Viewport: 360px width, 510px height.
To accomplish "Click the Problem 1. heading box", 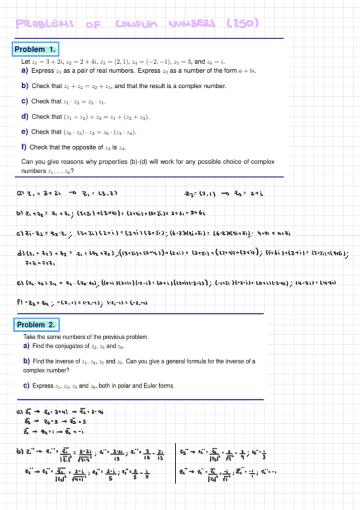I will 35,49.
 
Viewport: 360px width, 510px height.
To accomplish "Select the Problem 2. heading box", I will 35,325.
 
